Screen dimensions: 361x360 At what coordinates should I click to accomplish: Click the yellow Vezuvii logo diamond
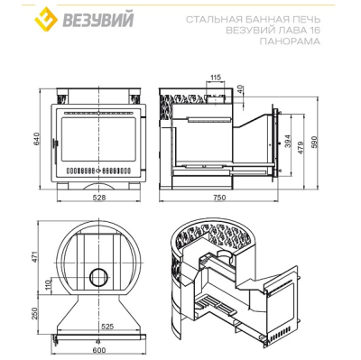tap(46, 19)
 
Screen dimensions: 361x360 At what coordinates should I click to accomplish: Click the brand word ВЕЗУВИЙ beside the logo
tap(97, 20)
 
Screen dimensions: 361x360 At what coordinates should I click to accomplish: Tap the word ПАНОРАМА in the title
tap(290, 42)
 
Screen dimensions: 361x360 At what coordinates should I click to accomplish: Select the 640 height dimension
tap(36, 139)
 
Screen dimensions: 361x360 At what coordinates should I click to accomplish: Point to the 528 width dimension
tap(99, 198)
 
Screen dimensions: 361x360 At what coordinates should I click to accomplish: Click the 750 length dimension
tap(219, 198)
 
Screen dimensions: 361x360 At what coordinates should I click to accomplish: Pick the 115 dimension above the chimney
tap(215, 77)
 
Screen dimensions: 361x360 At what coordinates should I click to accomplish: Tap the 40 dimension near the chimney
tap(240, 89)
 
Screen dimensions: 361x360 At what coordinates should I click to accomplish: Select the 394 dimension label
tap(288, 141)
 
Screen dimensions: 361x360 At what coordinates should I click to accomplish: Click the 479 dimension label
tap(301, 147)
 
